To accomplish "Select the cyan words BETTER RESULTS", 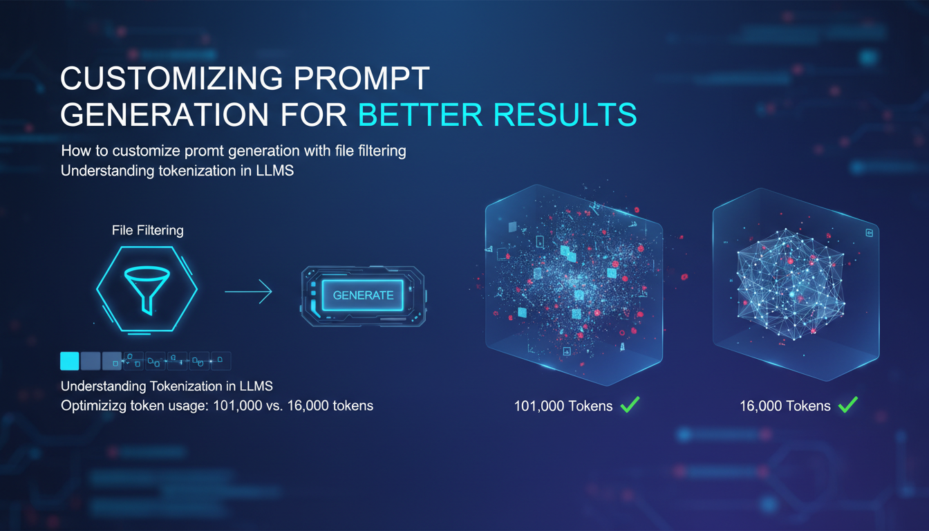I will coord(496,115).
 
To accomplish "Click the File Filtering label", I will coord(148,230).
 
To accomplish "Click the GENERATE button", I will coord(363,295).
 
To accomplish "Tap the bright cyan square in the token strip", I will coord(70,361).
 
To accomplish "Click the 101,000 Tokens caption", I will coord(563,406).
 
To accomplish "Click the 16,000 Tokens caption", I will coord(785,406).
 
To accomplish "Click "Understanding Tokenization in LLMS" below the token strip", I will coord(167,385).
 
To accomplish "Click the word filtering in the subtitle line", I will coord(379,151).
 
